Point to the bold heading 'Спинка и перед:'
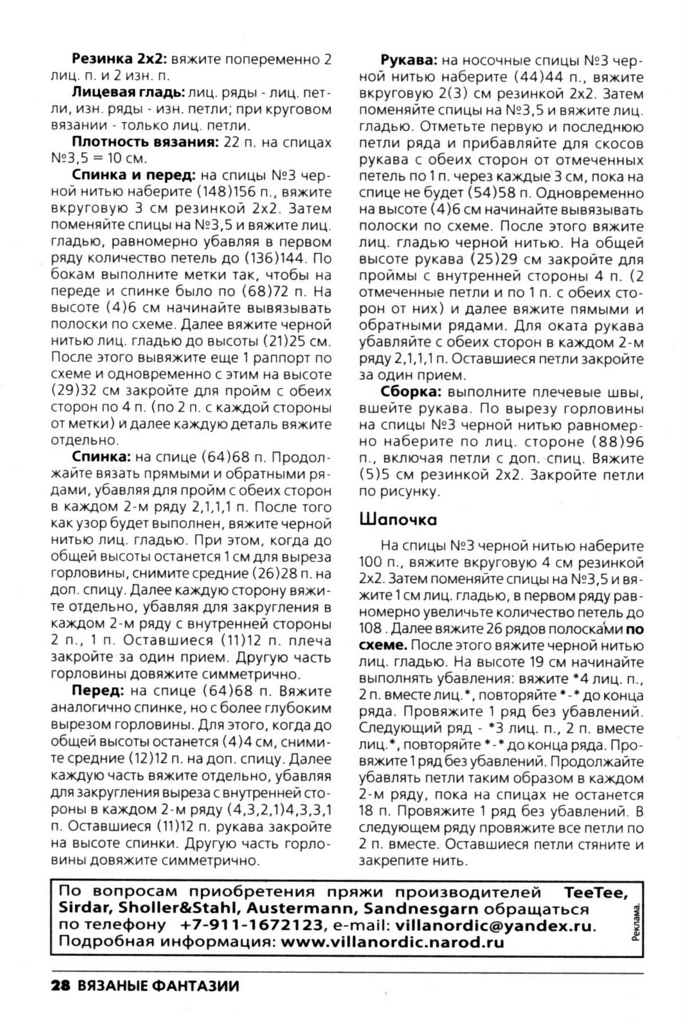pos(134,176)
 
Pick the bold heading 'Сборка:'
pos(411,392)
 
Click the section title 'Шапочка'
pos(399,520)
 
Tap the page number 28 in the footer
pos(62,986)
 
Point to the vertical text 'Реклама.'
pos(636,922)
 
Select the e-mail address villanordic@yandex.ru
pos(494,926)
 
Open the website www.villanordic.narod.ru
pos(393,943)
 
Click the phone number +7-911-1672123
pos(251,926)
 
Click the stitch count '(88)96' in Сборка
pos(610,442)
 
